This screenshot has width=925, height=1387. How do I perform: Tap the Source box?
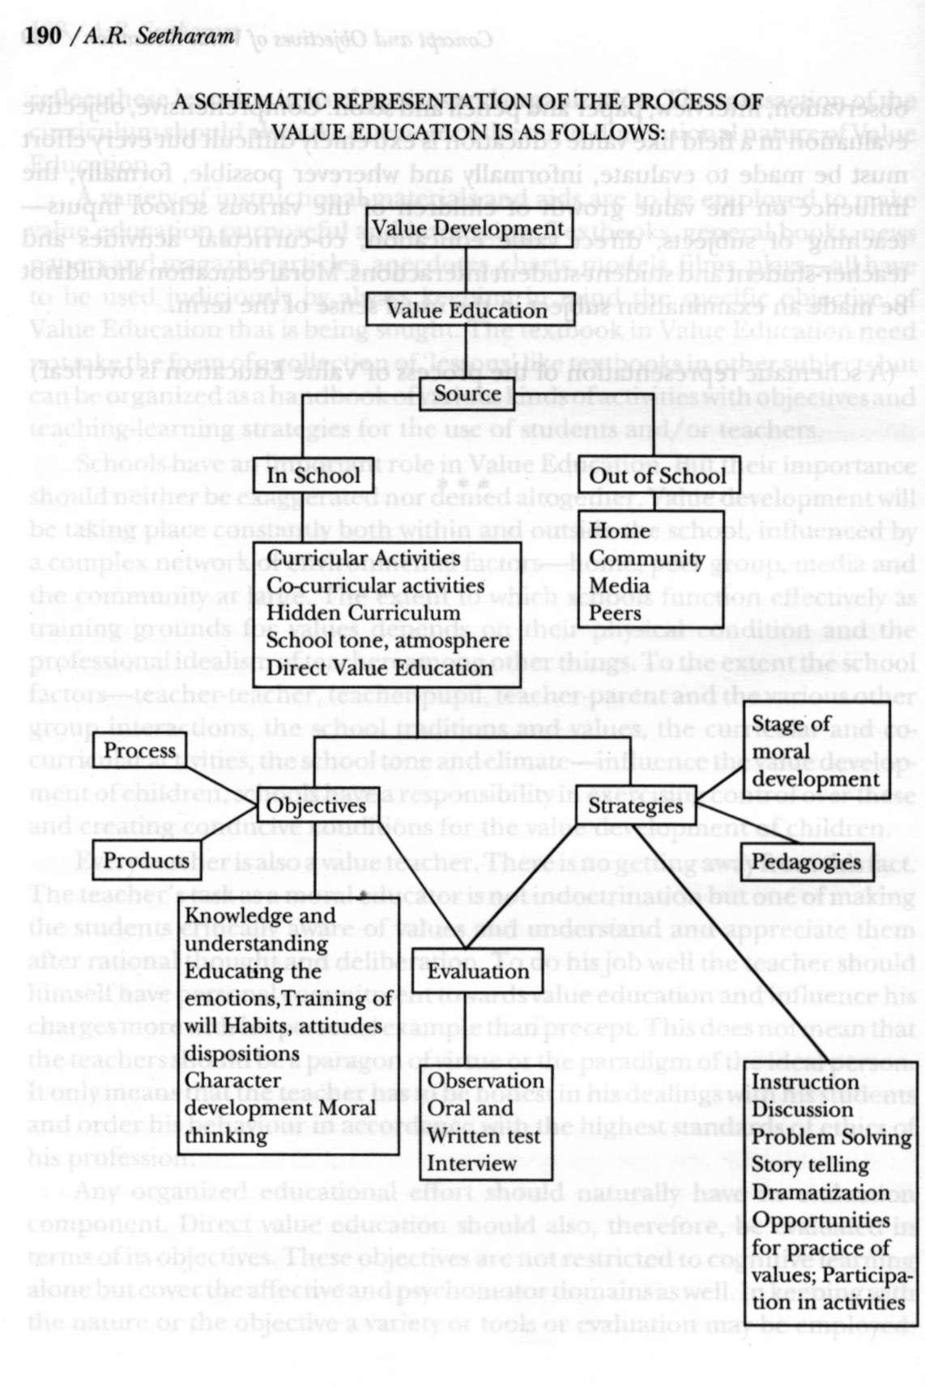click(467, 394)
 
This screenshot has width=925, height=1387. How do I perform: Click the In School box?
click(313, 476)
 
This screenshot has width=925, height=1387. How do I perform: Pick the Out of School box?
click(657, 476)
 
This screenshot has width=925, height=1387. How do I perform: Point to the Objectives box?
click(316, 805)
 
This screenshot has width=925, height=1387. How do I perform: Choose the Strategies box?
click(635, 805)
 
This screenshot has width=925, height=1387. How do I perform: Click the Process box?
click(139, 750)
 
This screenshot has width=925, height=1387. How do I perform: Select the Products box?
click(146, 860)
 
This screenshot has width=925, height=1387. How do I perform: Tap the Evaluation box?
click(478, 971)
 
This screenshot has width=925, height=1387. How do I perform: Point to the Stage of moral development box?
click(816, 752)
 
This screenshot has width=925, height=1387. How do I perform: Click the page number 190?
click(45, 36)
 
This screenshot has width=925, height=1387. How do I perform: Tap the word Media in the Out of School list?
click(619, 586)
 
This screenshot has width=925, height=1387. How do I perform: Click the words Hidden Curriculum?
click(364, 613)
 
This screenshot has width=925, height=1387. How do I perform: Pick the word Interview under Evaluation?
click(471, 1163)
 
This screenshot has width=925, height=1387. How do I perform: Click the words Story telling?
click(810, 1165)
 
